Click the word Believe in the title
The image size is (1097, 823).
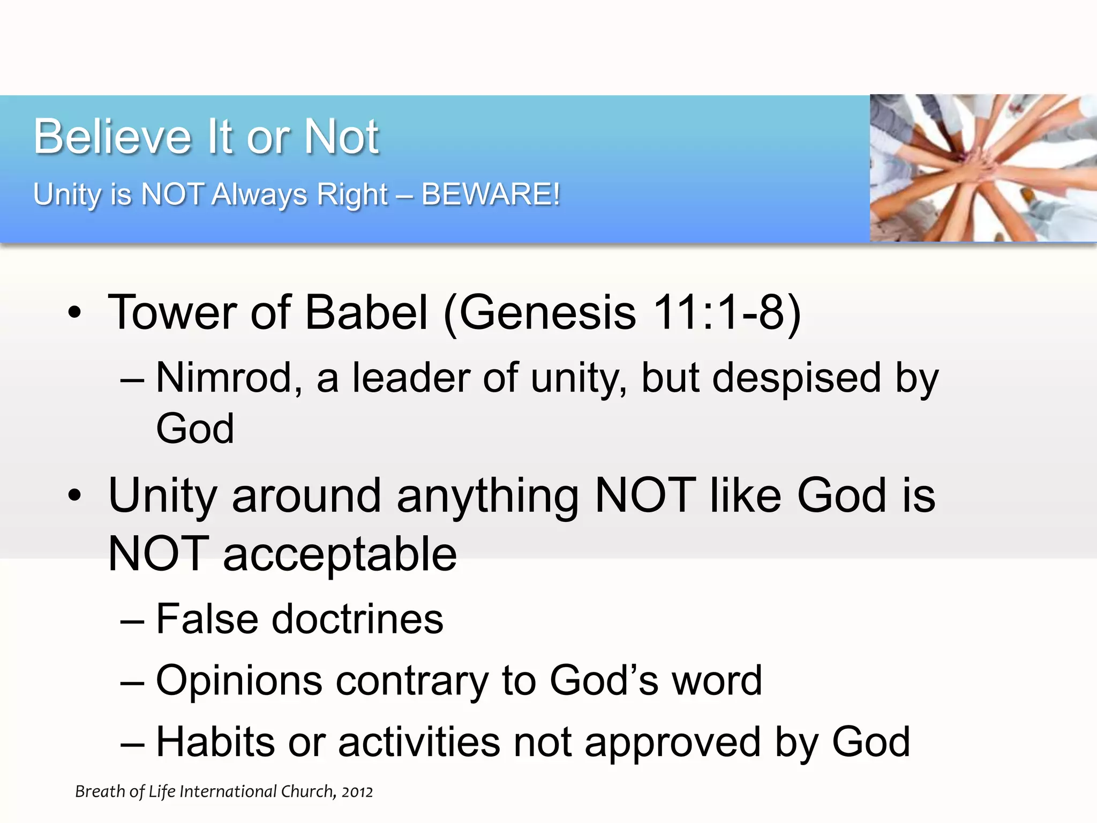coord(112,137)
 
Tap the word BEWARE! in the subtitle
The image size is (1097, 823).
coord(491,194)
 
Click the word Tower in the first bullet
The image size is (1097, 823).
coord(172,312)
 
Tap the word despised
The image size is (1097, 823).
coord(797,378)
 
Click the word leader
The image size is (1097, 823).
coord(411,378)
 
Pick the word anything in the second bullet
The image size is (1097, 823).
coord(487,496)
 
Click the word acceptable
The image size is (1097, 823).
coord(340,555)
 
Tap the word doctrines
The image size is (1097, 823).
coord(358,619)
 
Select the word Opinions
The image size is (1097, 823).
coord(239,681)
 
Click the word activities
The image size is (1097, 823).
coord(419,743)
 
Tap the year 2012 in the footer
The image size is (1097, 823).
coord(357,792)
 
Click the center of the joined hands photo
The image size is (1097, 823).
coord(983,168)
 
